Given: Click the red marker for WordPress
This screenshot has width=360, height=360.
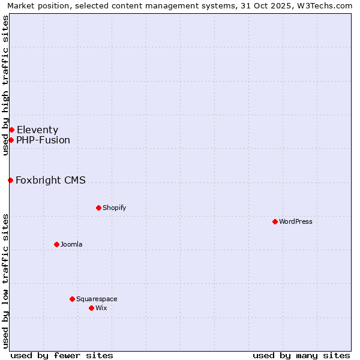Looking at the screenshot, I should pyautogui.click(x=275, y=221).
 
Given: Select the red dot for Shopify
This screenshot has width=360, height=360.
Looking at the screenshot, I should pyautogui.click(x=98, y=208).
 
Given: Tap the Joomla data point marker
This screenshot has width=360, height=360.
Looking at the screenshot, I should pyautogui.click(x=56, y=244).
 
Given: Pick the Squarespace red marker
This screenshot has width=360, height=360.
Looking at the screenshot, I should pyautogui.click(x=72, y=299).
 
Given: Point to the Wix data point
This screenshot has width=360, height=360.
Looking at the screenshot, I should pyautogui.click(x=91, y=308).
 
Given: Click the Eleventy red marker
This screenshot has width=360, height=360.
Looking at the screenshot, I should pyautogui.click(x=11, y=130).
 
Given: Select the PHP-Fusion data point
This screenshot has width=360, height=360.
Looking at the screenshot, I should pyautogui.click(x=11, y=140).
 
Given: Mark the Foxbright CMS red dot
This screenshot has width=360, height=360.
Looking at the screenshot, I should pyautogui.click(x=10, y=180).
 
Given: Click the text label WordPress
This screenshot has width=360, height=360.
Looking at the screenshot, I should pyautogui.click(x=296, y=221).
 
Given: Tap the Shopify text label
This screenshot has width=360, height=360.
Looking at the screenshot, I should pyautogui.click(x=114, y=208).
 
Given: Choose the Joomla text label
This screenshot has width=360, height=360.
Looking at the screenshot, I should pyautogui.click(x=71, y=244).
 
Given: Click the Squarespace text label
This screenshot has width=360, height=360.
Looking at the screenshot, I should pyautogui.click(x=97, y=299).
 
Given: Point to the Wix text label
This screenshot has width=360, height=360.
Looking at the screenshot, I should pyautogui.click(x=101, y=308).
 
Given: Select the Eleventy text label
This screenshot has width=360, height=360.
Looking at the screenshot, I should pyautogui.click(x=37, y=130).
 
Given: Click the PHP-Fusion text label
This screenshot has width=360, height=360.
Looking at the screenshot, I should pyautogui.click(x=43, y=140).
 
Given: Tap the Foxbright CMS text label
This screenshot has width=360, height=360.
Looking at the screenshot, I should pyautogui.click(x=50, y=180).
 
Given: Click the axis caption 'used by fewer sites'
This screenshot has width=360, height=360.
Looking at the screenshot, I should pyautogui.click(x=62, y=355).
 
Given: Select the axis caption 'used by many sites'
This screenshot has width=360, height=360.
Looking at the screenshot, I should pyautogui.click(x=301, y=355).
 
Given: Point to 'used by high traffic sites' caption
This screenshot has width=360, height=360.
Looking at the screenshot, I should pyautogui.click(x=6, y=85).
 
